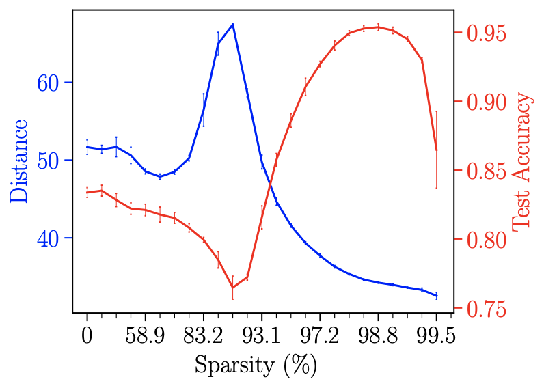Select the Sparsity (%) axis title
[x=256, y=364]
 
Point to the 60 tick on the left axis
[x=52, y=83]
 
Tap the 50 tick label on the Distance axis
[x=52, y=161]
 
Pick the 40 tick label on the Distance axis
[x=52, y=238]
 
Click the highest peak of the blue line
[x=232, y=24]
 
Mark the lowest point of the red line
[x=232, y=287]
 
